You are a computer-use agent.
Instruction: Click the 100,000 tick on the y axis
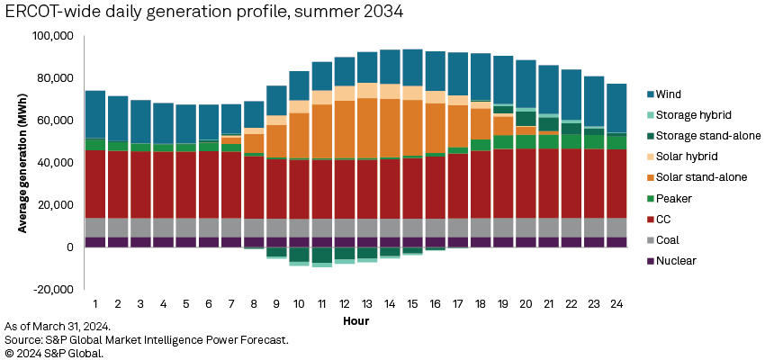tap(53, 36)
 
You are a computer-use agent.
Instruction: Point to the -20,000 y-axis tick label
tap(53, 290)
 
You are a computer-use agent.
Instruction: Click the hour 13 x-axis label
tap(365, 304)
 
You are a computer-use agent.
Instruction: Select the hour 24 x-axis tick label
tap(616, 304)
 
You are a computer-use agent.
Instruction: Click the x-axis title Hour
tap(355, 320)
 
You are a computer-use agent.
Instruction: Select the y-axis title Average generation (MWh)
tap(20, 163)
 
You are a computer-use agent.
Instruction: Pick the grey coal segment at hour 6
tap(208, 228)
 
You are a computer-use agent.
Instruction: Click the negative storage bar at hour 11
tap(322, 255)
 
